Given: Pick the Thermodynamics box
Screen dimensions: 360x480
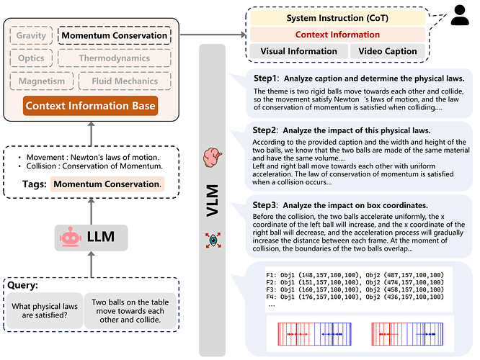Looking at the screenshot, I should coord(115,58).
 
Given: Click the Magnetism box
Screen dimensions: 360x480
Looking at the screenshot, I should coord(41,82).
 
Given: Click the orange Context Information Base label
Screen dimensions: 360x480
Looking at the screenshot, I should coord(90,107).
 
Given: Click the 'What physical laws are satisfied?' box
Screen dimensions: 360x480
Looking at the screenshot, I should coord(43,310).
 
